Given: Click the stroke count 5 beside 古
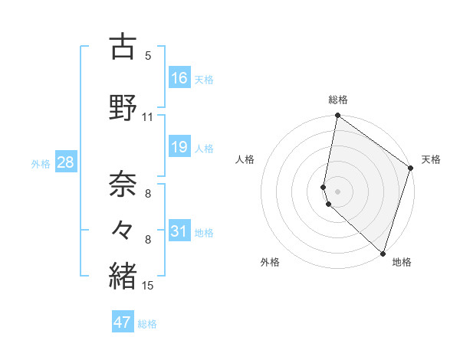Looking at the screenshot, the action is click(x=148, y=56).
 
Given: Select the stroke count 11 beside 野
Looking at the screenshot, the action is click(x=148, y=117).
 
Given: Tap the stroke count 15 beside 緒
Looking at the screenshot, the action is click(x=148, y=286).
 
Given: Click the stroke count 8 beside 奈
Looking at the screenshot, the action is click(x=148, y=194).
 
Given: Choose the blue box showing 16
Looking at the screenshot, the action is click(x=179, y=78).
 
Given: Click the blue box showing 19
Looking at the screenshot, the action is click(x=179, y=147).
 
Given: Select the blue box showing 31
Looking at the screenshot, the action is click(x=179, y=231).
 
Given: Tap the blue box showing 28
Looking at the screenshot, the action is click(x=65, y=162).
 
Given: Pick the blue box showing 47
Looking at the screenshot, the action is click(x=123, y=322).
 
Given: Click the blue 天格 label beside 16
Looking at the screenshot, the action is click(x=204, y=80).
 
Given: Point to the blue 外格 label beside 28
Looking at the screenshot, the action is click(x=41, y=164).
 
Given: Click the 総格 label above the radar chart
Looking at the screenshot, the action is click(x=338, y=100).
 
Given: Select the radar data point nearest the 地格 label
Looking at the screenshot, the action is click(x=383, y=254).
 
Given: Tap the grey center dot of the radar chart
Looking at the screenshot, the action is click(x=337, y=190).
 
